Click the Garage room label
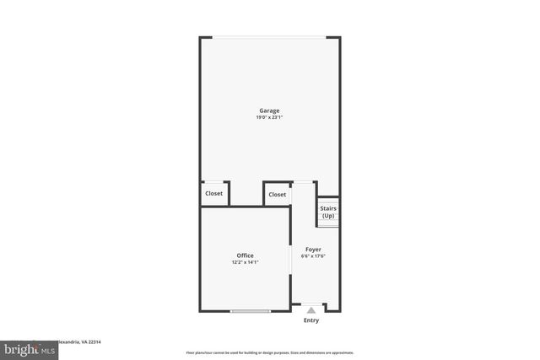pyautogui.click(x=269, y=110)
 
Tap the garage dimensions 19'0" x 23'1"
pyautogui.click(x=269, y=117)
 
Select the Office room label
pyautogui.click(x=245, y=255)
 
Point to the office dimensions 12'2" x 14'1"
pyautogui.click(x=245, y=262)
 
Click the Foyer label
pyautogui.click(x=313, y=250)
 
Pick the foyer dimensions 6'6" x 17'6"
pyautogui.click(x=313, y=256)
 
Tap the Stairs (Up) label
pyautogui.click(x=328, y=211)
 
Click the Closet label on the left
pyautogui.click(x=214, y=194)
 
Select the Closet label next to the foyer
pyautogui.click(x=277, y=195)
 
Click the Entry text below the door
pyautogui.click(x=311, y=320)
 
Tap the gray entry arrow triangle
pyautogui.click(x=311, y=310)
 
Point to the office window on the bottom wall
pyautogui.click(x=251, y=312)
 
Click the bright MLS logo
pyautogui.click(x=30, y=349)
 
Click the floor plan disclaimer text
pyautogui.click(x=269, y=352)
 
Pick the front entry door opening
pyautogui.click(x=311, y=304)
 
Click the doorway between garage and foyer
pyautogui.click(x=304, y=182)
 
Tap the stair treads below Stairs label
pyautogui.click(x=328, y=223)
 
